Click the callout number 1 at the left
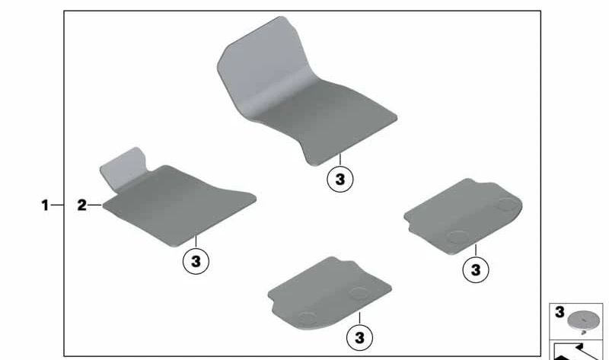(x=45, y=205)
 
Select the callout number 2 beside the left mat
(x=81, y=205)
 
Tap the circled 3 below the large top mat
(x=340, y=180)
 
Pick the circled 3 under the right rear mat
(x=476, y=269)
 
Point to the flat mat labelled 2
(x=179, y=205)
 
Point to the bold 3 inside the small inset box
(x=560, y=312)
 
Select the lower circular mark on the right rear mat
(x=458, y=236)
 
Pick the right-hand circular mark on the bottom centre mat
(x=358, y=292)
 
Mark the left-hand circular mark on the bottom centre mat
(x=307, y=318)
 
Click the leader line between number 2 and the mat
(x=94, y=205)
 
